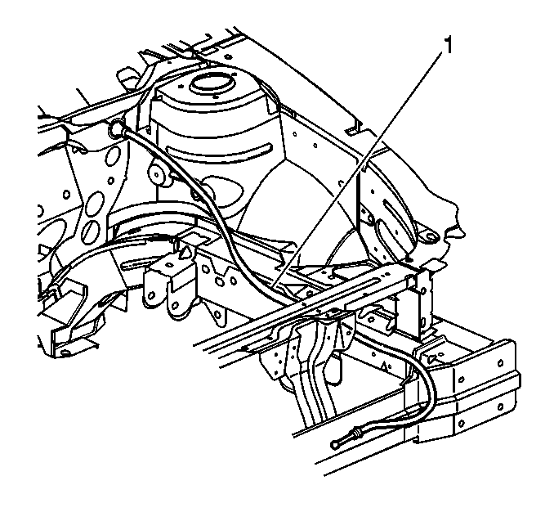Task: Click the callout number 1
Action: click(x=448, y=46)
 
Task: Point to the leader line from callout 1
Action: click(x=357, y=169)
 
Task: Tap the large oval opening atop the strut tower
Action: click(x=212, y=83)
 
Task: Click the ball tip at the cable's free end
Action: click(x=334, y=444)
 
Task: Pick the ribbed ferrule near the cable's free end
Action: click(x=356, y=432)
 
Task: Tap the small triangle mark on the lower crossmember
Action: click(x=384, y=365)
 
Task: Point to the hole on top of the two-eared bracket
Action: click(x=169, y=264)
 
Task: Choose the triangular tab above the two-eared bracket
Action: click(x=185, y=254)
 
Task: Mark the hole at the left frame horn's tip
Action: click(x=64, y=353)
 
